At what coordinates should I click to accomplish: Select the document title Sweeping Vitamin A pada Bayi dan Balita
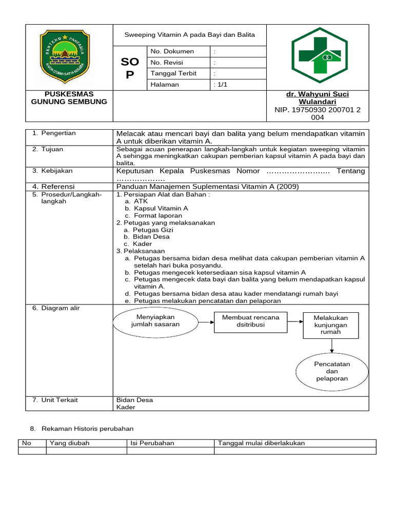click(189, 35)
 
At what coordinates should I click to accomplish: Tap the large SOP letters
click(129, 68)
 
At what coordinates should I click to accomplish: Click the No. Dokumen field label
click(172, 51)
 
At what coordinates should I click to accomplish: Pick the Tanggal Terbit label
click(173, 73)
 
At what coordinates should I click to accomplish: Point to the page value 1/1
click(221, 85)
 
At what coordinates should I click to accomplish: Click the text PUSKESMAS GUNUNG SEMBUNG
click(69, 98)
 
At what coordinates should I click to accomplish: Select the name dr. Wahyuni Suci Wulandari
click(317, 98)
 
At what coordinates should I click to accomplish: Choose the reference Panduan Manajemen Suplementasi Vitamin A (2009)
click(207, 187)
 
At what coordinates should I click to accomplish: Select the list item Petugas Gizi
click(153, 230)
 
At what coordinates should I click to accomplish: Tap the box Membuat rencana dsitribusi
click(250, 321)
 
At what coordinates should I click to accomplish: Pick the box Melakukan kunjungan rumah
click(330, 325)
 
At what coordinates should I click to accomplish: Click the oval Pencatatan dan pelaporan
click(332, 371)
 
